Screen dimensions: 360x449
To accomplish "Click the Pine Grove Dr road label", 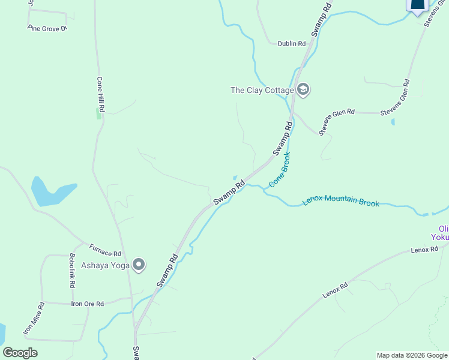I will click(x=46, y=28).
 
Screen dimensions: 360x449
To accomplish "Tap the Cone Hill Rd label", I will click(x=101, y=95).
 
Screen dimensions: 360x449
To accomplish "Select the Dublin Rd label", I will click(x=292, y=43).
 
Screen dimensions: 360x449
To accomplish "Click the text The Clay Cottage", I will click(x=262, y=91).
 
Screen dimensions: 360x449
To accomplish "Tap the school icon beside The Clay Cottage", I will click(x=303, y=91).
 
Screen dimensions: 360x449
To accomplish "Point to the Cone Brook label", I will click(x=280, y=170).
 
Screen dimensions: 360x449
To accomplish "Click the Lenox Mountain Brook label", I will click(x=341, y=202).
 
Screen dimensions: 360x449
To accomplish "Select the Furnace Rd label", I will click(x=105, y=250).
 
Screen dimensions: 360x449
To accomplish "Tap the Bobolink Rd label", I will click(x=72, y=269).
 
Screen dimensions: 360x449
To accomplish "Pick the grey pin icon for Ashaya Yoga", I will click(x=139, y=265).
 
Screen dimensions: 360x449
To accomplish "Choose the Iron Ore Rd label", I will click(x=88, y=304).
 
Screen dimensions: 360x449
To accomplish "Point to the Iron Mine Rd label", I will click(x=34, y=319).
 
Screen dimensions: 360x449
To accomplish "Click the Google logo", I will click(x=20, y=353).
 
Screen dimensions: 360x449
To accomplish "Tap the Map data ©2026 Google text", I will click(x=411, y=355).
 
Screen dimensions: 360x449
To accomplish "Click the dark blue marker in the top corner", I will click(x=418, y=5).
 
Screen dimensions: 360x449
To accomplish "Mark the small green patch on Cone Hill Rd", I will click(x=99, y=113).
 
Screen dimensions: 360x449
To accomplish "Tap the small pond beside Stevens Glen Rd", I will click(x=393, y=122).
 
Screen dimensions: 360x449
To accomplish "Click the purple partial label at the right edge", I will click(x=443, y=233).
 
